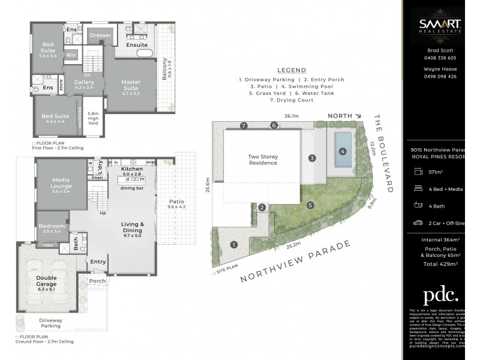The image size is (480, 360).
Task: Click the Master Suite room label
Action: [131, 85]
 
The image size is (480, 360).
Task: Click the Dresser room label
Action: [100, 35]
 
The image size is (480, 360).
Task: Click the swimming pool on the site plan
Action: [343, 148]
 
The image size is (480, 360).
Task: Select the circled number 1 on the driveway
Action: [234, 244]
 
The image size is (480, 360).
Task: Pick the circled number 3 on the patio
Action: [312, 158]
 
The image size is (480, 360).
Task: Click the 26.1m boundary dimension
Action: [291, 117]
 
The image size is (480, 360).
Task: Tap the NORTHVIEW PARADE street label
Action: [296, 262]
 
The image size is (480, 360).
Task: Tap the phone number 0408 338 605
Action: [441, 58]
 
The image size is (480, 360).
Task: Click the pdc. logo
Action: [440, 296]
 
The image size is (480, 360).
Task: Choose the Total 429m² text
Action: [440, 263]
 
